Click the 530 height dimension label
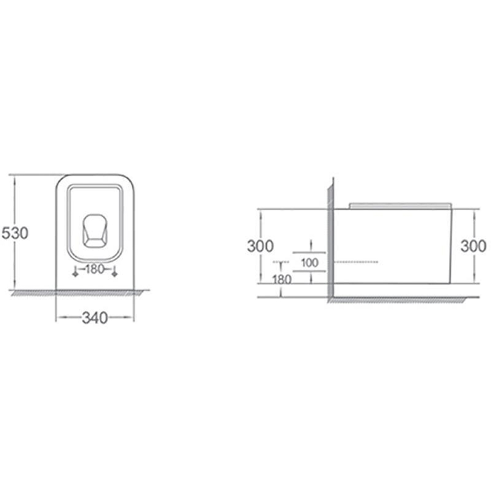point(15,233)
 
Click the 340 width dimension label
point(95,318)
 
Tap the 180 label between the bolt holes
point(95,269)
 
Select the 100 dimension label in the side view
point(310,263)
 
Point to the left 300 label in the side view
point(260,246)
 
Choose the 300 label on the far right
point(473,246)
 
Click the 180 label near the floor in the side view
point(282,279)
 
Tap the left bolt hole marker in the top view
point(75,272)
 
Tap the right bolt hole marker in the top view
point(115,272)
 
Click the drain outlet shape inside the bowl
point(95,231)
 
